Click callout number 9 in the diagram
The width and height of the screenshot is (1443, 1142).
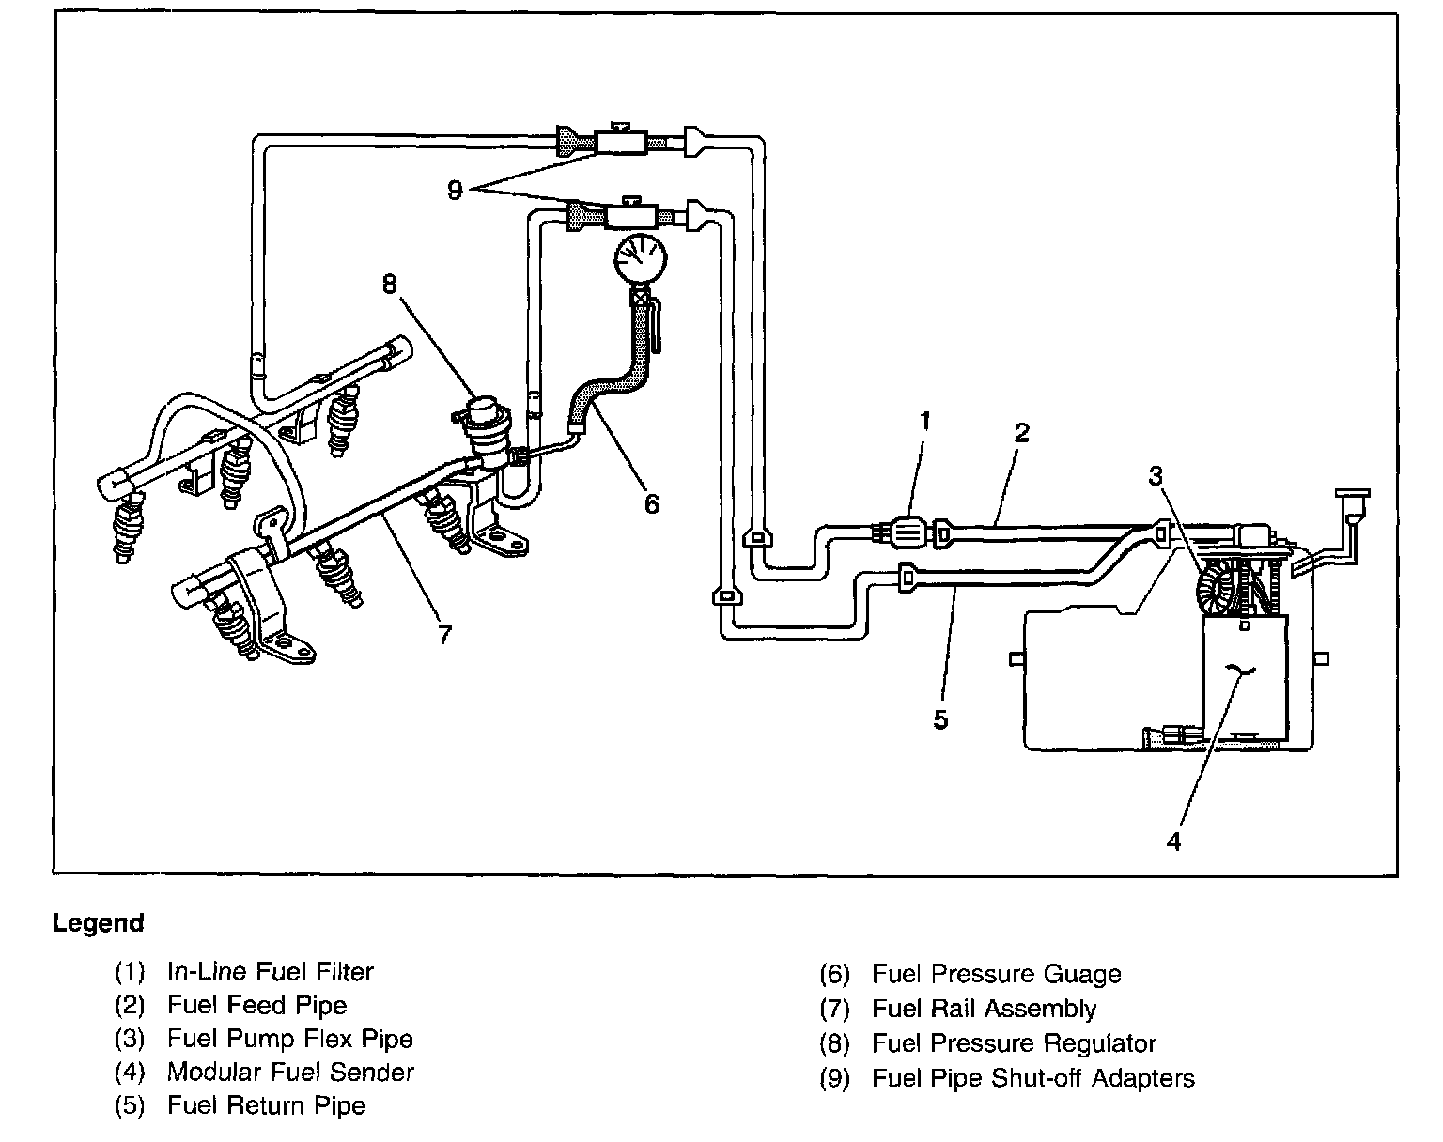pyautogui.click(x=456, y=191)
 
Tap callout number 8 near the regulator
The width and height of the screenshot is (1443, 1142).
pyautogui.click(x=391, y=283)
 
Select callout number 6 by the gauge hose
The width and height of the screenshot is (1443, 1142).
pyautogui.click(x=652, y=503)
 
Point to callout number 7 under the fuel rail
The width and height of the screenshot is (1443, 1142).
pyautogui.click(x=445, y=635)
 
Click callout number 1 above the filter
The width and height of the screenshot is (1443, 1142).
pyautogui.click(x=924, y=422)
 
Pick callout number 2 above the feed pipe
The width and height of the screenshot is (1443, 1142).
pyautogui.click(x=1022, y=432)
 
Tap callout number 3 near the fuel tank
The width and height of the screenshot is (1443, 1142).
pyautogui.click(x=1155, y=475)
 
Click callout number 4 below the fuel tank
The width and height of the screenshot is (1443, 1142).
pyautogui.click(x=1173, y=841)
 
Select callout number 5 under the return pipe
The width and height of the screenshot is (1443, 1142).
pyautogui.click(x=940, y=719)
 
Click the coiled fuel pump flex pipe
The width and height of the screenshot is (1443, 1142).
pyautogui.click(x=1218, y=588)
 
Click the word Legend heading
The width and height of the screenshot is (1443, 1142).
pyautogui.click(x=99, y=923)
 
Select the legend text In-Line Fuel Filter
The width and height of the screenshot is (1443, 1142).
pyautogui.click(x=270, y=972)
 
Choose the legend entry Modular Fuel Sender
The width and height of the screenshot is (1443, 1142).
pyautogui.click(x=290, y=1072)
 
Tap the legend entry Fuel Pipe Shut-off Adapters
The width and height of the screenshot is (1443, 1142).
pyautogui.click(x=1033, y=1078)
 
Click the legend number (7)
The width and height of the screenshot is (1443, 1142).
pyautogui.click(x=834, y=1010)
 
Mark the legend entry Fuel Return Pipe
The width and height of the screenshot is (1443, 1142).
pyautogui.click(x=266, y=1106)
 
